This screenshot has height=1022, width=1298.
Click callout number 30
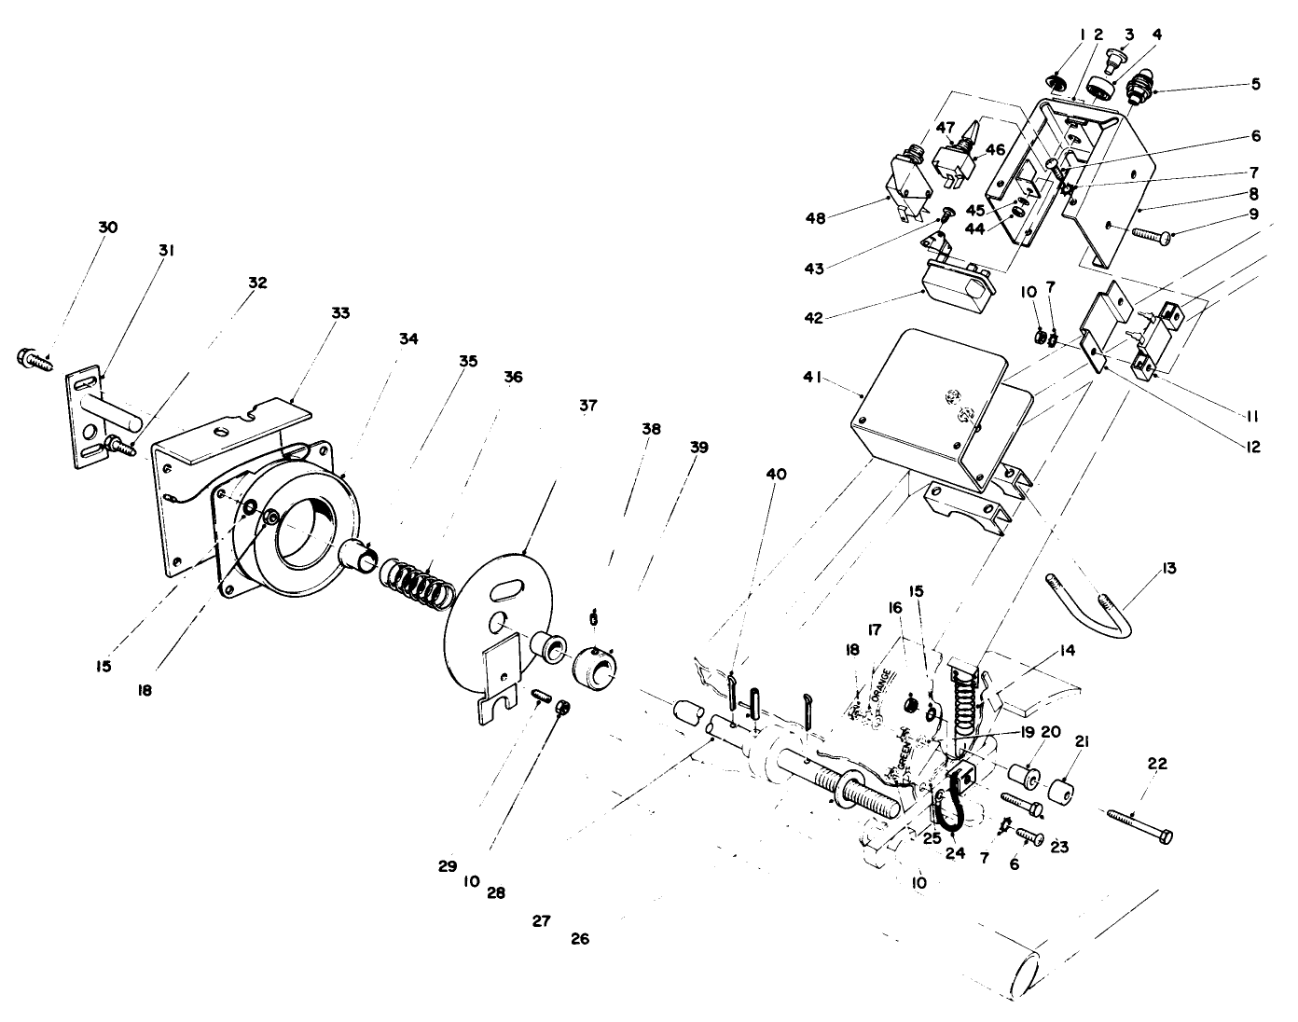(107, 228)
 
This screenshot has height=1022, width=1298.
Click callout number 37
(587, 406)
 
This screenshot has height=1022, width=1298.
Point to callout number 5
(1255, 84)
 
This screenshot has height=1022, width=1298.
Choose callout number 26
(580, 939)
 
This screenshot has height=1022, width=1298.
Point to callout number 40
(776, 474)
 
